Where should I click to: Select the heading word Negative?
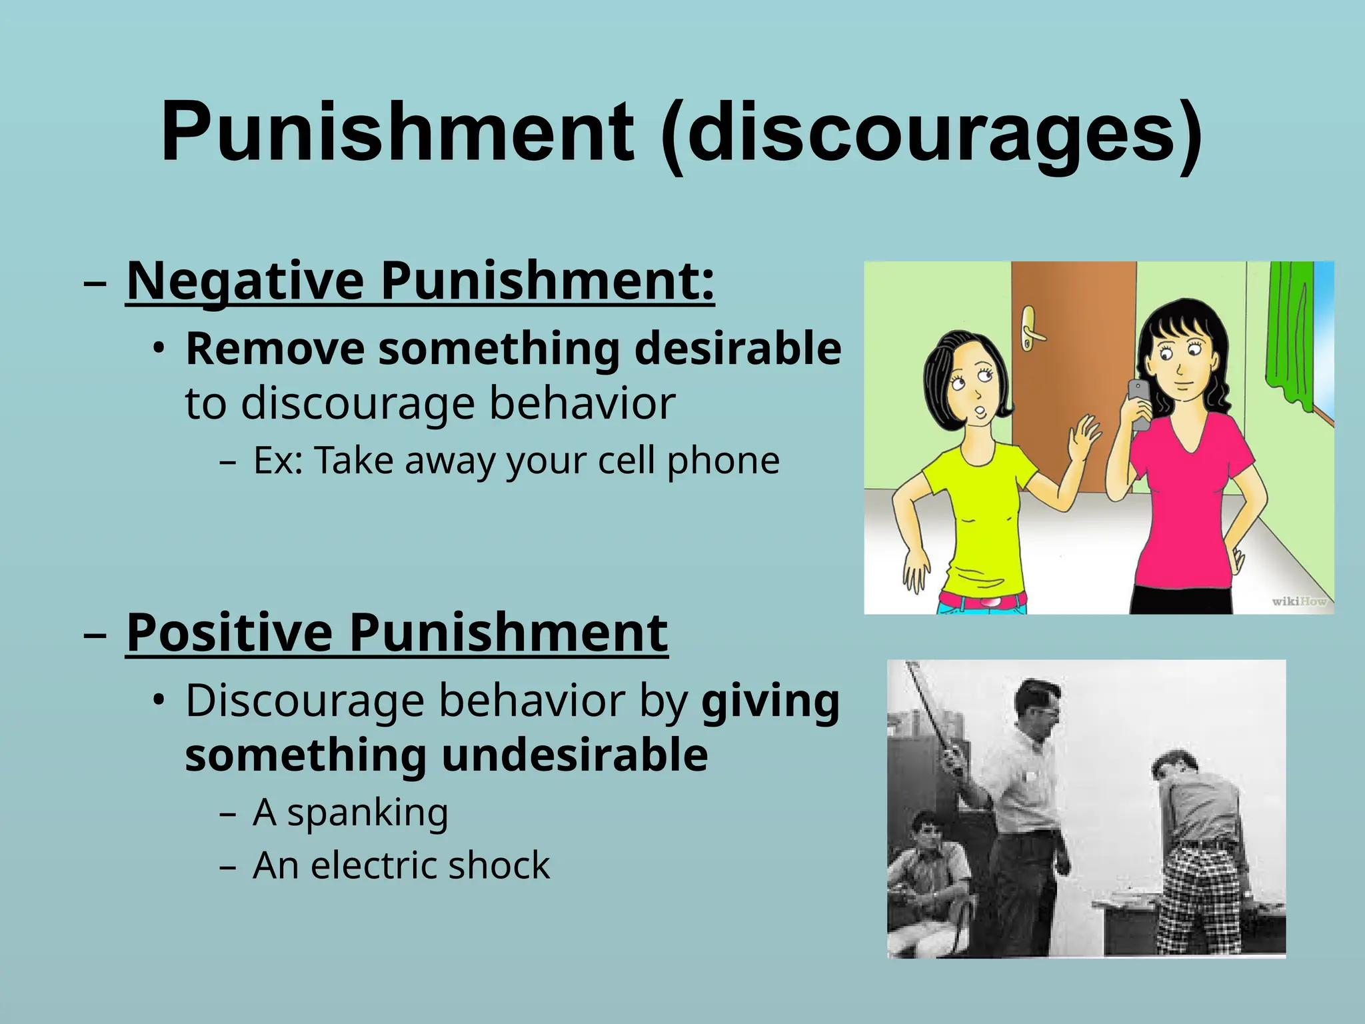pyautogui.click(x=245, y=281)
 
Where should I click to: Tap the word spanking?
pyautogui.click(x=367, y=813)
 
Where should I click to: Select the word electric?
pyautogui.click(x=373, y=866)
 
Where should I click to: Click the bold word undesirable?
pyautogui.click(x=574, y=755)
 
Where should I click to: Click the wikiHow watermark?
pyautogui.click(x=1299, y=601)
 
